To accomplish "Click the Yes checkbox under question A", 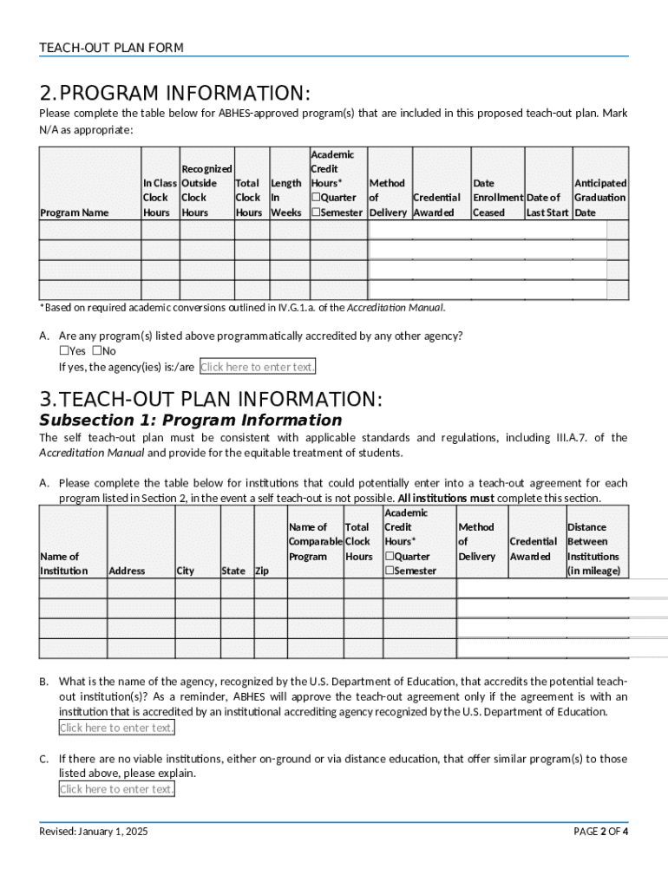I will [x=64, y=351].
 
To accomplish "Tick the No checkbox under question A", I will [x=97, y=351].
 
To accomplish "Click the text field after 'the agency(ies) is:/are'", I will [x=258, y=367].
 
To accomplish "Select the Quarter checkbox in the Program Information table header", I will [x=317, y=198].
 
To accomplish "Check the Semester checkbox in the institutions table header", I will [x=390, y=571].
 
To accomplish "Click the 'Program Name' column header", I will [x=74, y=212].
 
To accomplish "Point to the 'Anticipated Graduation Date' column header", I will [x=599, y=198].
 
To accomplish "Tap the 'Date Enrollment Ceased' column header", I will [x=497, y=198].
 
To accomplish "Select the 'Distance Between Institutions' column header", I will [x=593, y=549].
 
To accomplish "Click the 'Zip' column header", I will [x=262, y=571].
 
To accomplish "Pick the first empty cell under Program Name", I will [x=90, y=230].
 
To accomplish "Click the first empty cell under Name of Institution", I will [x=73, y=589].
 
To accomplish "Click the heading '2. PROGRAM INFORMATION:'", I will [x=174, y=93].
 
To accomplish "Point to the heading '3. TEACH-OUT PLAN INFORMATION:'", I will [x=210, y=400].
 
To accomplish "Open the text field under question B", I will [x=117, y=728].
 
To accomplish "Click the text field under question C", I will [x=117, y=788].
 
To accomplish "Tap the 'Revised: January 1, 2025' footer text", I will [x=94, y=832].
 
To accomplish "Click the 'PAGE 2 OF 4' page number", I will [x=600, y=832].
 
